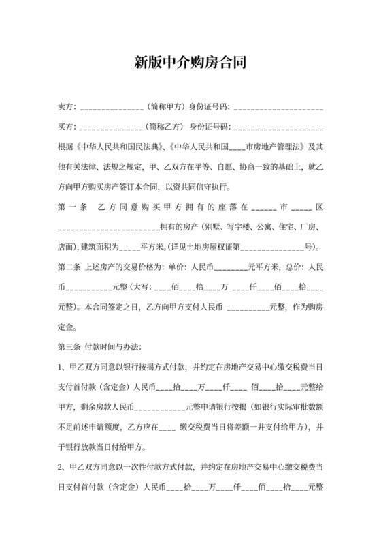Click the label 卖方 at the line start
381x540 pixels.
pyautogui.click(x=66, y=108)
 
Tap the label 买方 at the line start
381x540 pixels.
pyautogui.click(x=66, y=127)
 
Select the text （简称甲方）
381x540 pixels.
pyautogui.click(x=165, y=108)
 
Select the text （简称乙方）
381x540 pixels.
pyautogui.click(x=165, y=127)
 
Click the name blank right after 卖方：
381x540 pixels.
pyautogui.click(x=111, y=108)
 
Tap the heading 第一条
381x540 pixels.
pyautogui.click(x=73, y=206)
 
